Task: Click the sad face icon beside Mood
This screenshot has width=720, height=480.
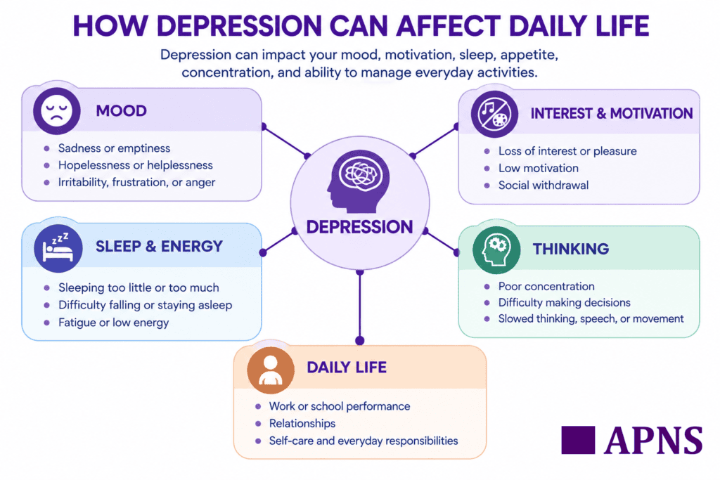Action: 56,111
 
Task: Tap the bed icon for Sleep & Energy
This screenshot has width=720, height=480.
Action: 58,248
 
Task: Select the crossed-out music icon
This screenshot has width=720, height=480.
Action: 494,115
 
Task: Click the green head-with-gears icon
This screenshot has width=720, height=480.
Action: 496,250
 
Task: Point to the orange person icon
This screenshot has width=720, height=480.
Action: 271,370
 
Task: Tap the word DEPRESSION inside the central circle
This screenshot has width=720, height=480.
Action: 359,227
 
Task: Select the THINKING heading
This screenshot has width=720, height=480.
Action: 570,249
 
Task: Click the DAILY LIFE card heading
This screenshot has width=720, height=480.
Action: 347,368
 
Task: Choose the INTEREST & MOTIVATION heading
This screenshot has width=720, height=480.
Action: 612,113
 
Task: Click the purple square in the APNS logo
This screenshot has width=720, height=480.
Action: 578,440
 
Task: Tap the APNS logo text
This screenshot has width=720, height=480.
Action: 653,441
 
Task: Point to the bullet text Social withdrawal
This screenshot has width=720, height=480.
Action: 544,186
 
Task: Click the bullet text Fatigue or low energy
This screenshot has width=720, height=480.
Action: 113,323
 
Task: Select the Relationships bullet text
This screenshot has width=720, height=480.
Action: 302,423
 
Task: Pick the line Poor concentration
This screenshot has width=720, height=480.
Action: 546,286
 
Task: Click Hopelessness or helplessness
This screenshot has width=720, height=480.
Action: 136,165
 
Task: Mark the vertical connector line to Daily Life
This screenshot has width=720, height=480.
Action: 360,306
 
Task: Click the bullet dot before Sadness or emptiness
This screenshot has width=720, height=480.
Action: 47,149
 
